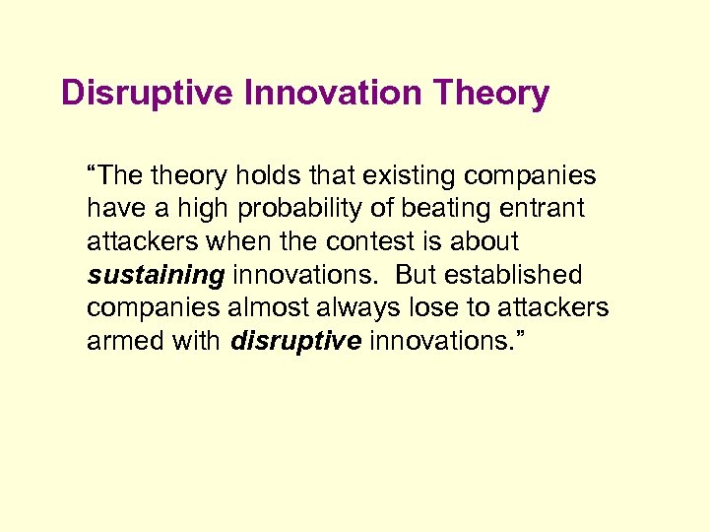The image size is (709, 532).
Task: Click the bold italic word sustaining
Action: click(x=156, y=275)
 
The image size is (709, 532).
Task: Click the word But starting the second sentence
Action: click(x=415, y=275)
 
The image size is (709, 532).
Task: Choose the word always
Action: click(x=356, y=307)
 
